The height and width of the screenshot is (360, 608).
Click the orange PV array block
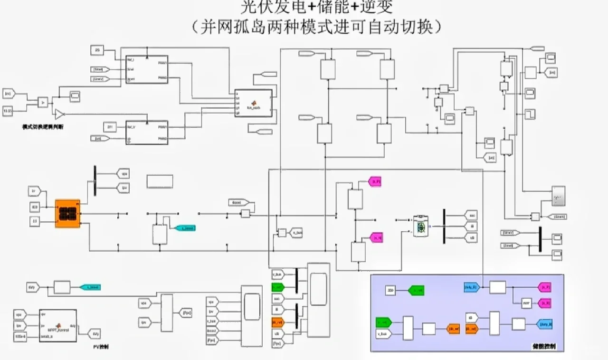(x=67, y=214)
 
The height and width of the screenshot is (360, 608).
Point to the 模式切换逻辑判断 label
(x=42, y=127)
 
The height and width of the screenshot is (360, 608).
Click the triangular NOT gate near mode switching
(x=59, y=114)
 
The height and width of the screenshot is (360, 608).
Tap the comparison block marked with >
(x=43, y=102)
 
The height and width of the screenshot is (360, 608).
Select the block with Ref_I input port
(x=147, y=69)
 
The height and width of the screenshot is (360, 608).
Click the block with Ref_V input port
(x=147, y=133)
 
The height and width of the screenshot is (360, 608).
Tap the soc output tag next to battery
(x=470, y=215)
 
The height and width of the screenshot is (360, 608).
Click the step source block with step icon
(x=530, y=114)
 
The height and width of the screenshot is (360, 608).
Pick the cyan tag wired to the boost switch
(x=185, y=228)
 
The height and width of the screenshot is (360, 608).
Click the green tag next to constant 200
(x=415, y=290)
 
